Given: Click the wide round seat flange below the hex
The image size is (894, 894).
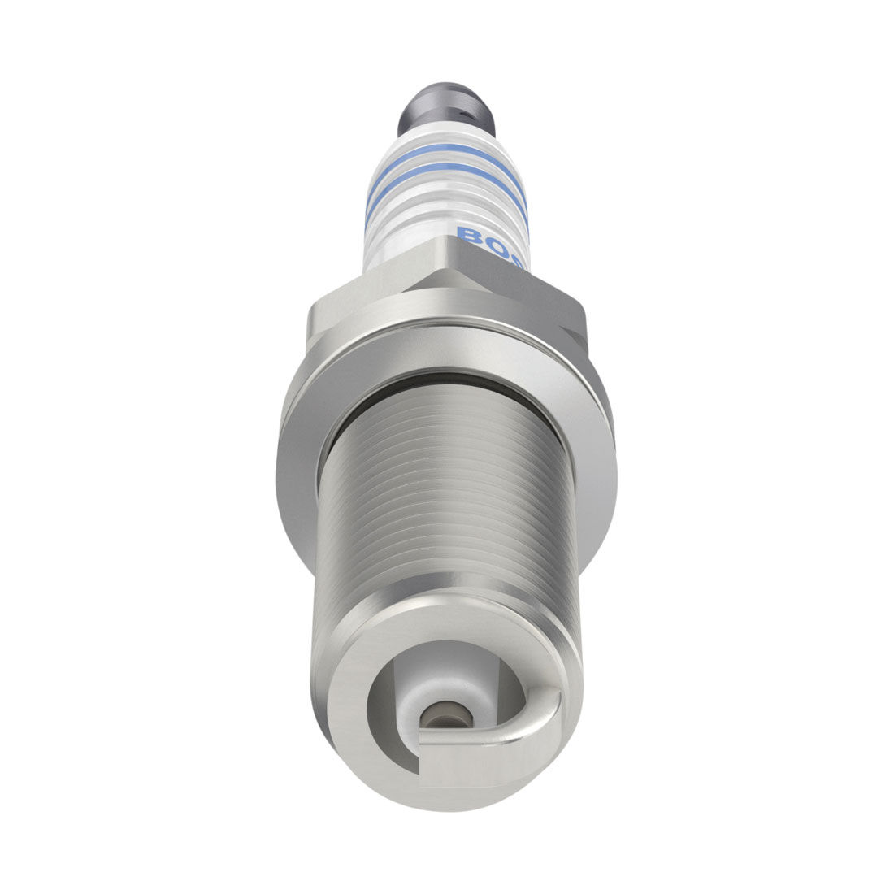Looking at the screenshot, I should (309, 455).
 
